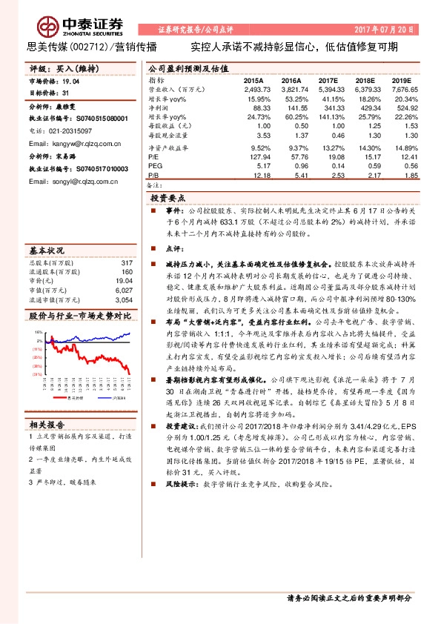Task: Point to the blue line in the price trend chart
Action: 111,336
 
